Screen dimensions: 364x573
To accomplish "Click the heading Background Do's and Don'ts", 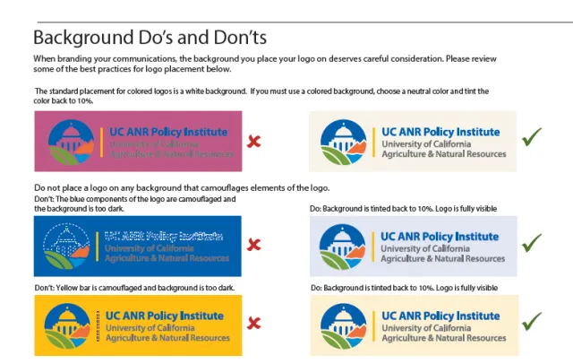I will [x=150, y=39].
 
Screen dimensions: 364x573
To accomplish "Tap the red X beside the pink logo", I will [x=254, y=142].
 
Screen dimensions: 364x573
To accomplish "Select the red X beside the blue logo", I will [x=254, y=245].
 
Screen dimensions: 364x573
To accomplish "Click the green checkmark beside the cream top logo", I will [x=533, y=138].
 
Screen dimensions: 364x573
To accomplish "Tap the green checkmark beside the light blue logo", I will [x=533, y=242].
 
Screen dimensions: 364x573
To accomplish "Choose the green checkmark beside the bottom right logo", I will [x=533, y=320].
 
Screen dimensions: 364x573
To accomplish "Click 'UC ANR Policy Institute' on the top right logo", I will [x=440, y=132].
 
